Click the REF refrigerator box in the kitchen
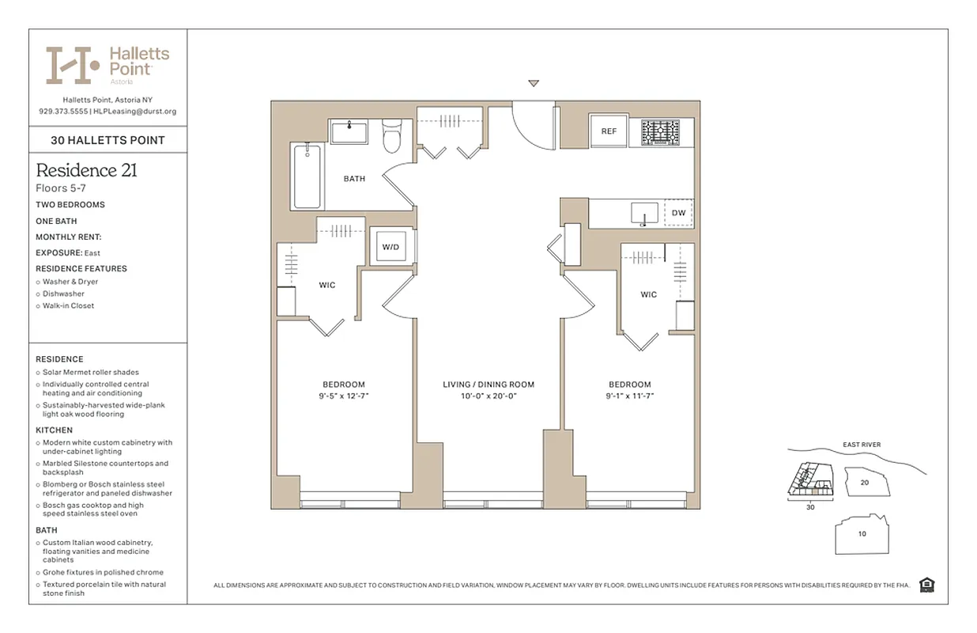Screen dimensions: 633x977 pyautogui.click(x=609, y=131)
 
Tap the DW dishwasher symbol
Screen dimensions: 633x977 pyautogui.click(x=678, y=213)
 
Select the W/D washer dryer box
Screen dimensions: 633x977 pyautogui.click(x=390, y=247)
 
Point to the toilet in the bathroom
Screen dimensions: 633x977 pyautogui.click(x=391, y=137)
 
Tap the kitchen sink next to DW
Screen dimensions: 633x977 pyautogui.click(x=645, y=214)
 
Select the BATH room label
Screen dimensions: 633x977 pyautogui.click(x=354, y=179)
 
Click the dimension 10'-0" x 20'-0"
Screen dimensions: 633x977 pyautogui.click(x=488, y=396)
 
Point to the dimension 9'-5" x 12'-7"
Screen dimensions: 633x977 pyautogui.click(x=343, y=396)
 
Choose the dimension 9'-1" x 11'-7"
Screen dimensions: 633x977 pyautogui.click(x=630, y=396)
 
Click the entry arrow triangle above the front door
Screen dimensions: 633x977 pyautogui.click(x=534, y=83)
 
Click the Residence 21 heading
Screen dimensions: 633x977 pyautogui.click(x=87, y=170)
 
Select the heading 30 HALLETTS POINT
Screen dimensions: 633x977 pyautogui.click(x=108, y=140)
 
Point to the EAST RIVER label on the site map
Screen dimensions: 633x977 pyautogui.click(x=861, y=445)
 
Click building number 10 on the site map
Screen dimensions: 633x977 pyautogui.click(x=862, y=533)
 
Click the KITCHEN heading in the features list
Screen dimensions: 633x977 pyautogui.click(x=54, y=430)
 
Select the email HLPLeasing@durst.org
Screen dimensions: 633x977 pyautogui.click(x=134, y=112)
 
